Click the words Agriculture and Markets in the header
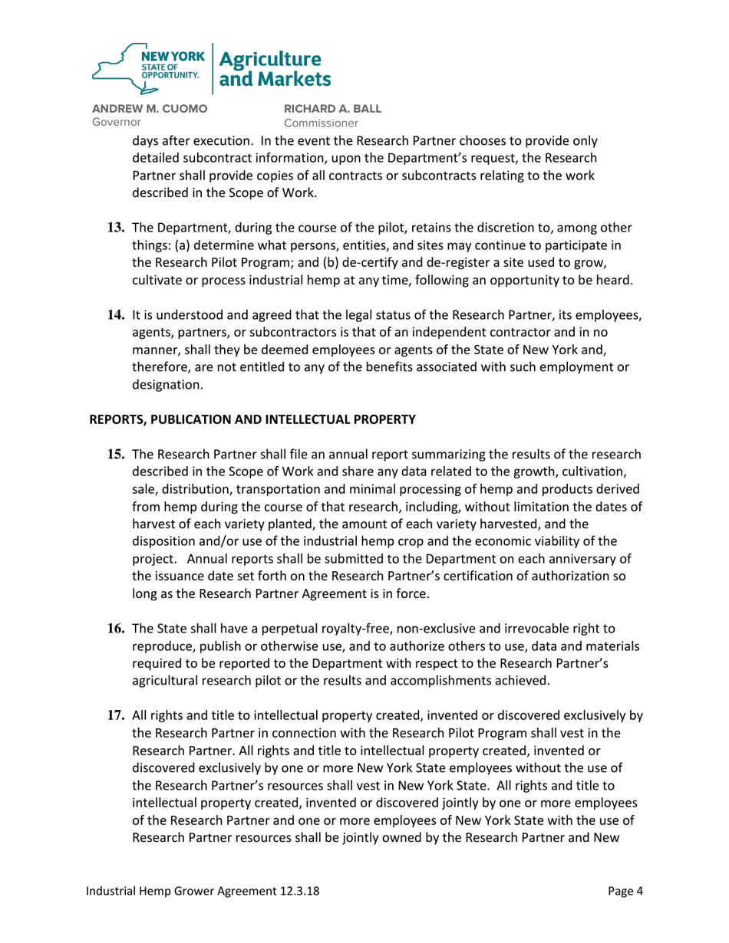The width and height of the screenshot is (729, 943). click(x=275, y=69)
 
